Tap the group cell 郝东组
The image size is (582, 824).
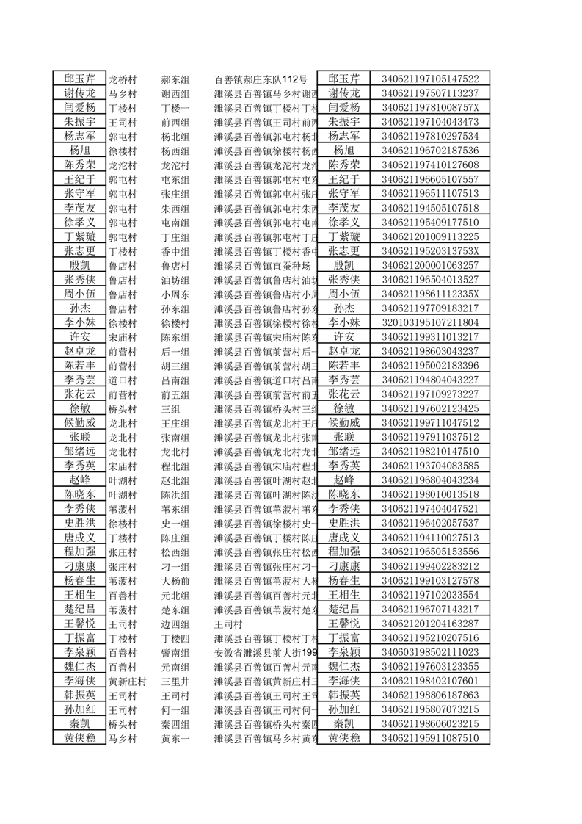[175, 79]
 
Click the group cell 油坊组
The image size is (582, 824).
[175, 280]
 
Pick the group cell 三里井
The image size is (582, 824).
[175, 681]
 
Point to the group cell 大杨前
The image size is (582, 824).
[175, 580]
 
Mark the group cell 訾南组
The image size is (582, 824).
[175, 652]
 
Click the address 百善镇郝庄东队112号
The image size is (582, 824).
[261, 79]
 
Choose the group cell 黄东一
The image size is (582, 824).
[175, 738]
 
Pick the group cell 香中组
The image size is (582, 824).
[175, 251]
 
